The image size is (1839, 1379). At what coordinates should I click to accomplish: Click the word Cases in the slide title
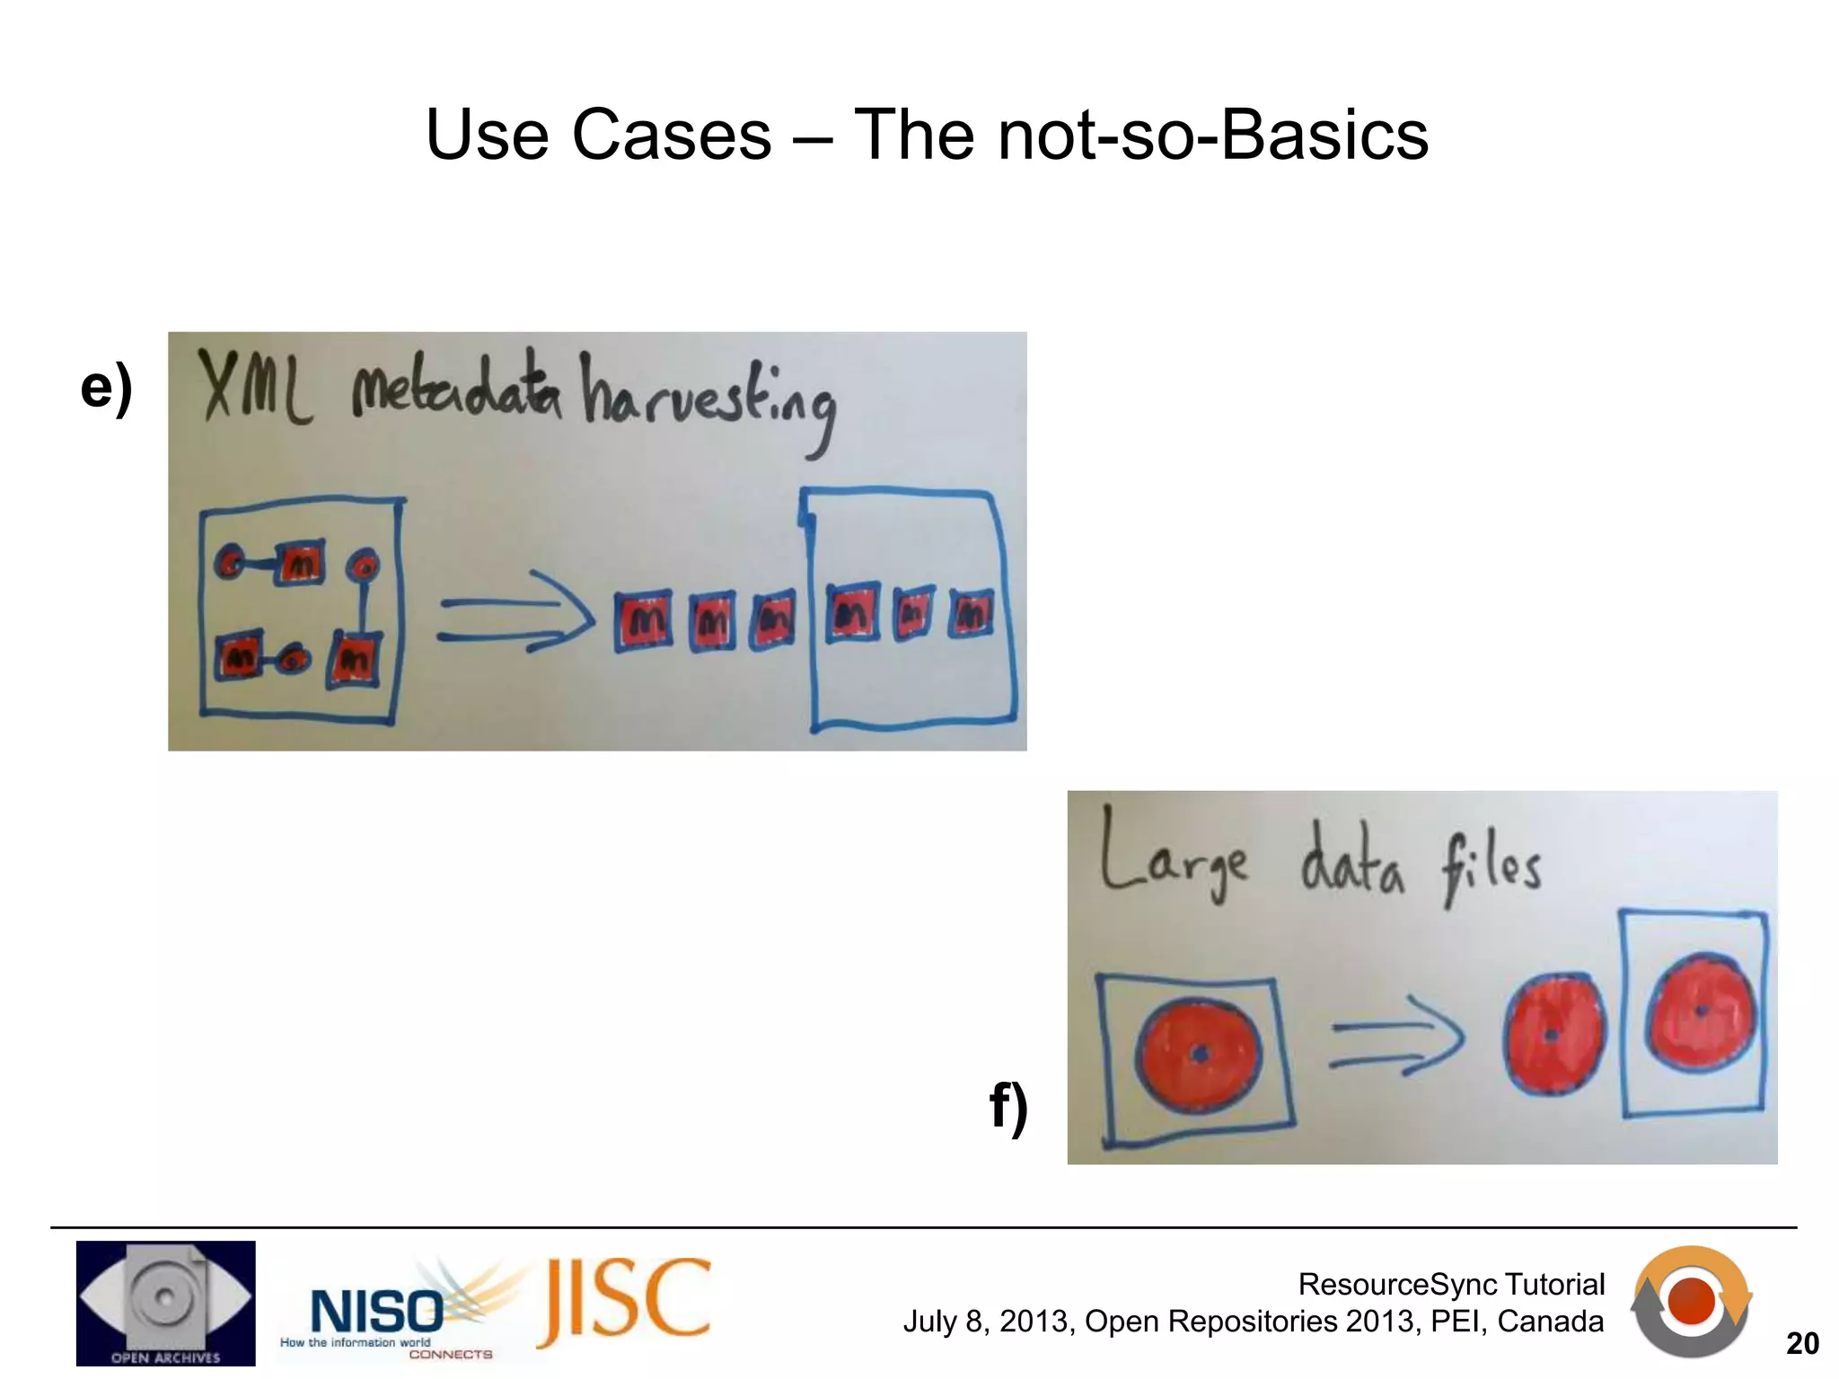(672, 136)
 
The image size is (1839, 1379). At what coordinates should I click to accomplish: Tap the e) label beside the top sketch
(106, 388)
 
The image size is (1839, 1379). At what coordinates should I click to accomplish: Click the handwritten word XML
(254, 389)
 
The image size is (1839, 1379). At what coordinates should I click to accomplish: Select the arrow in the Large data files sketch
(1396, 1038)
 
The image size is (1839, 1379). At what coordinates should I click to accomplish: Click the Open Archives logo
(165, 1303)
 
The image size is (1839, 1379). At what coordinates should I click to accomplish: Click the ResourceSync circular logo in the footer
(1691, 1301)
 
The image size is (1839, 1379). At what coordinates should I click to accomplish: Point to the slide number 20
(1802, 1343)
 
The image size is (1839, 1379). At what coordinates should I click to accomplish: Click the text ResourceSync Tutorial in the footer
(1451, 1284)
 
